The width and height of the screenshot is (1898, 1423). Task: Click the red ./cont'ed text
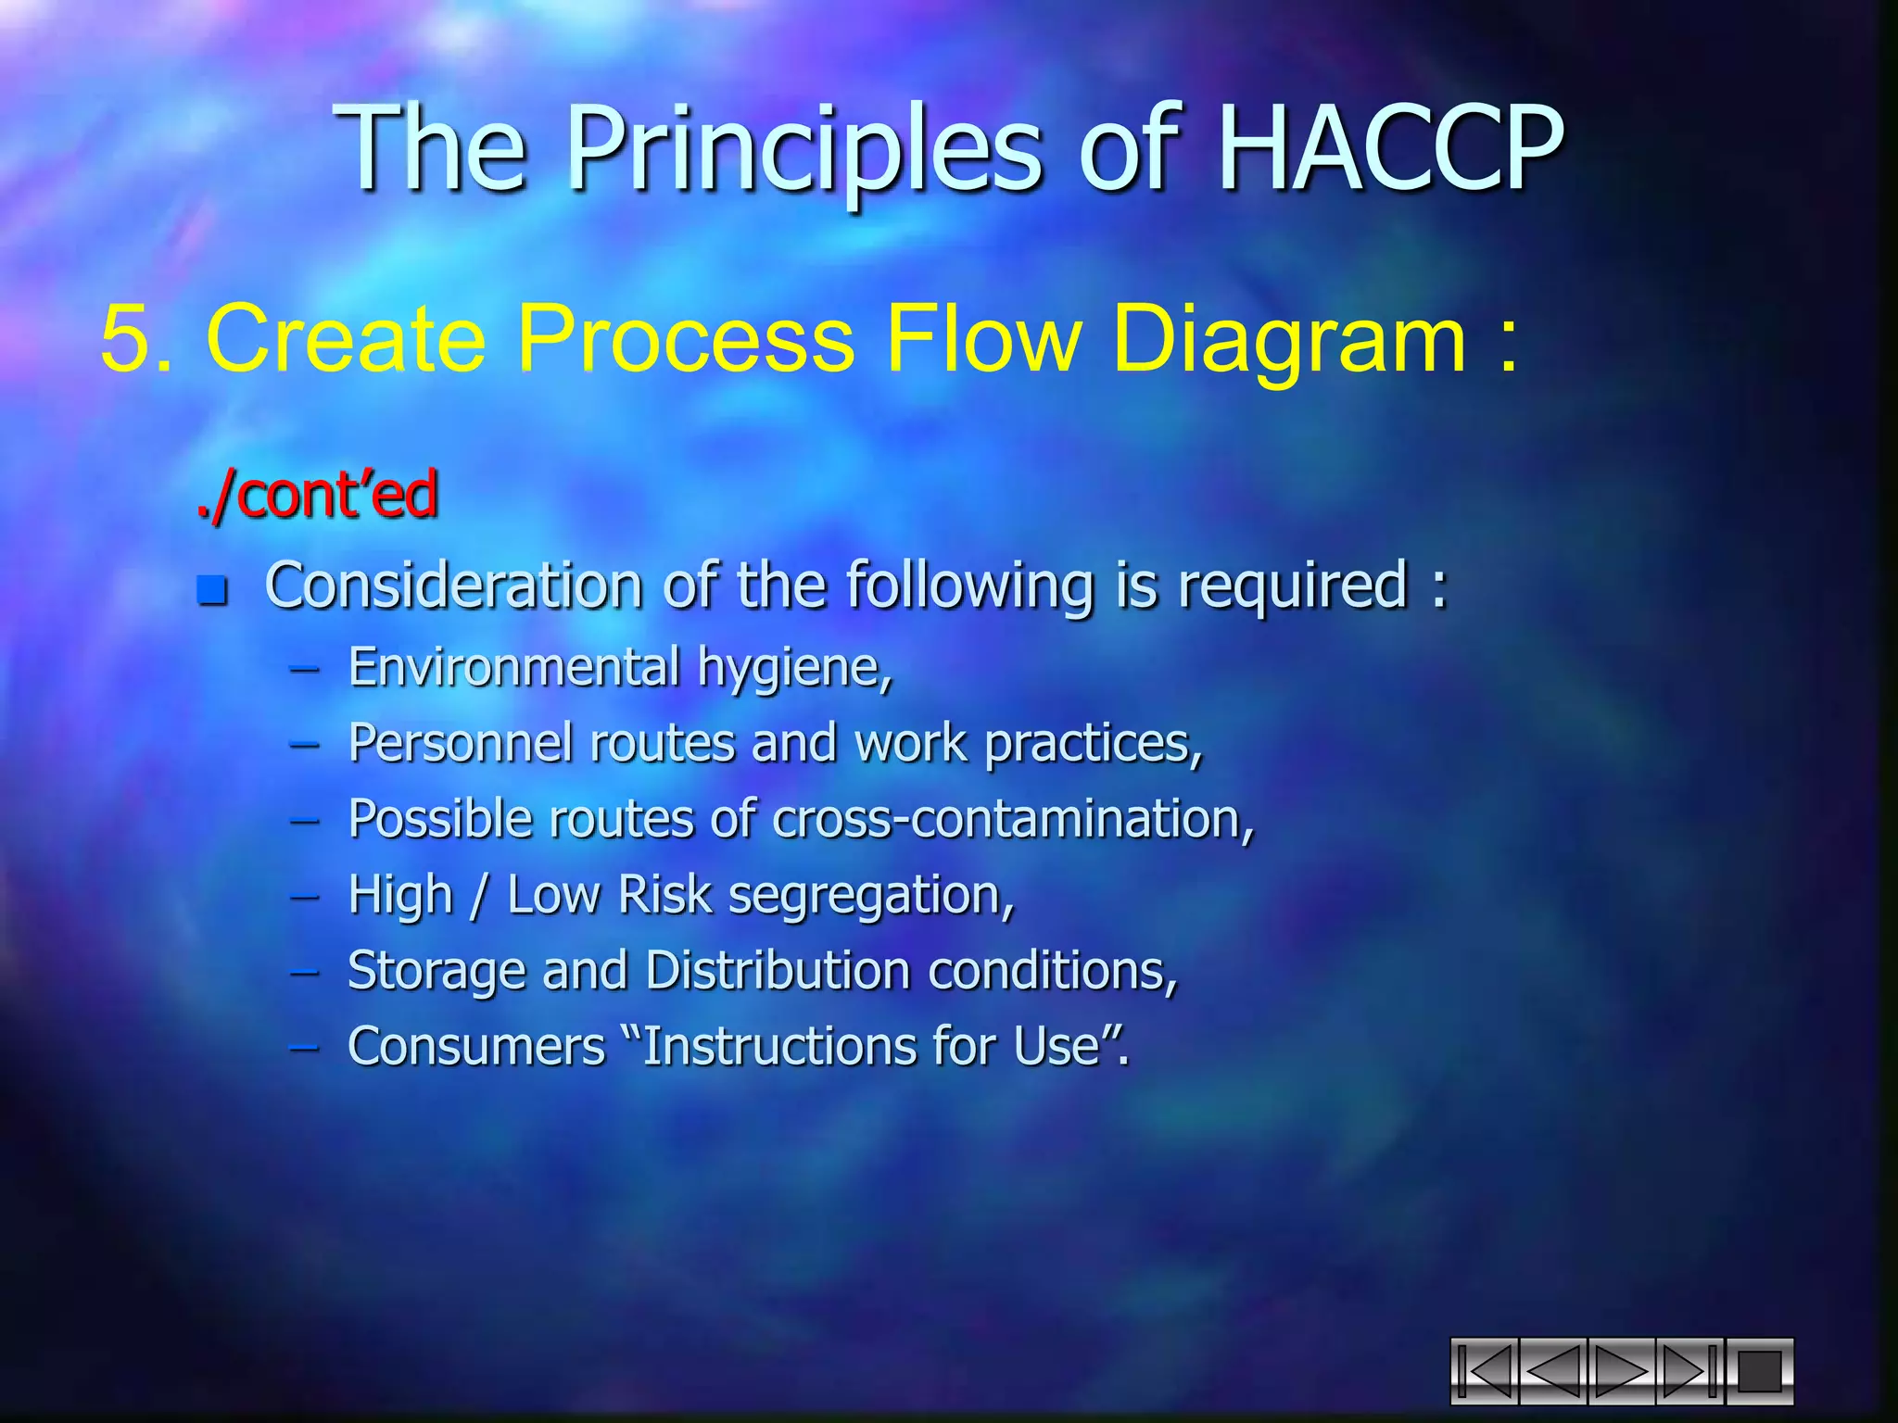click(317, 495)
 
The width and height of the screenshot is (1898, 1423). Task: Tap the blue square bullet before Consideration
click(212, 589)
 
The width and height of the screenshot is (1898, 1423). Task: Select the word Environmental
click(514, 667)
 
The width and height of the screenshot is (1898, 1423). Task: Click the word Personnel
click(460, 743)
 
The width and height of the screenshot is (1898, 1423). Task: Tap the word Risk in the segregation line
click(664, 895)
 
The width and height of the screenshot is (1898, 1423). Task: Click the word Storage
click(436, 972)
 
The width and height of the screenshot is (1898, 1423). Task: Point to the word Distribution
click(778, 971)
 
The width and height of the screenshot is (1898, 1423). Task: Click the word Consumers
click(476, 1047)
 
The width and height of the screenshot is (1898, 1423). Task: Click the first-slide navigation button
click(1484, 1371)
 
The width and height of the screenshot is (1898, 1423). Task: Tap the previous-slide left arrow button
click(1552, 1371)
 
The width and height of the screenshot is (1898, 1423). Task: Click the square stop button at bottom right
click(1759, 1371)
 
